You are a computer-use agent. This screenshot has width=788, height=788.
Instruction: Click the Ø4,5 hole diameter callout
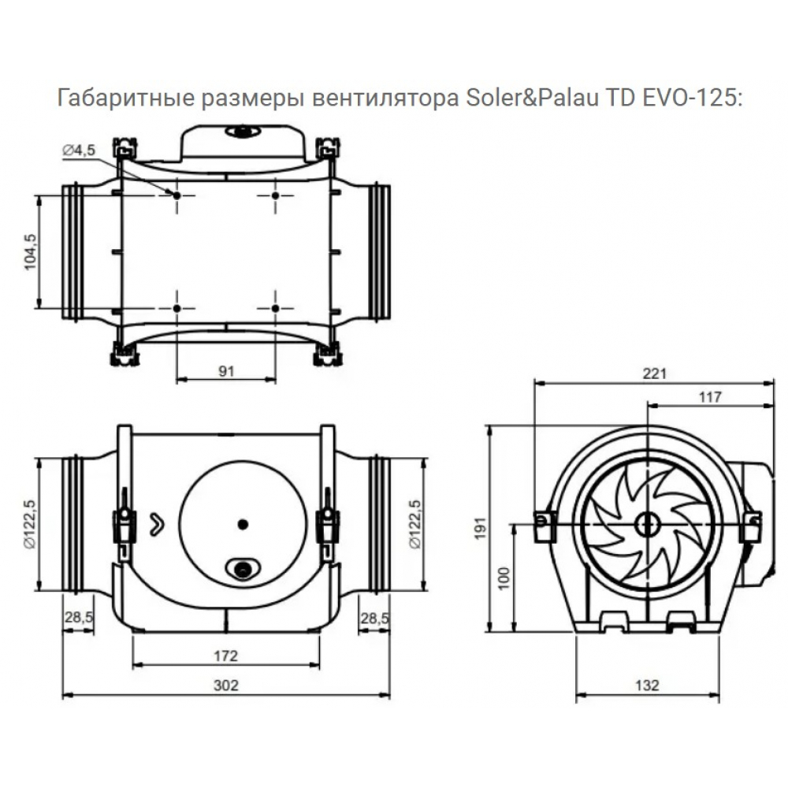79,150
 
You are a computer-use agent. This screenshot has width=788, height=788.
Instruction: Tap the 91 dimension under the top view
227,372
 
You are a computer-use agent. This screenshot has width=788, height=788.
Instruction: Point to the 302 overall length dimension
226,685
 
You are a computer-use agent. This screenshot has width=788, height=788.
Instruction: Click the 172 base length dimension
226,655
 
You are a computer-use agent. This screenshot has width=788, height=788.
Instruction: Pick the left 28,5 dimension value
78,619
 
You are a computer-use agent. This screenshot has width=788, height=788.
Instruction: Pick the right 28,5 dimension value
374,619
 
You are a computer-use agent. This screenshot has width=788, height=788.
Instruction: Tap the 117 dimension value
710,398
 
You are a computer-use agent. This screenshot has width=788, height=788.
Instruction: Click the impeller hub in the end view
648,522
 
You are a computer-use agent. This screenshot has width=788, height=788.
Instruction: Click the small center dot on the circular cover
242,523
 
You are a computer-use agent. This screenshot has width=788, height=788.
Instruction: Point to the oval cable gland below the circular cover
243,567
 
